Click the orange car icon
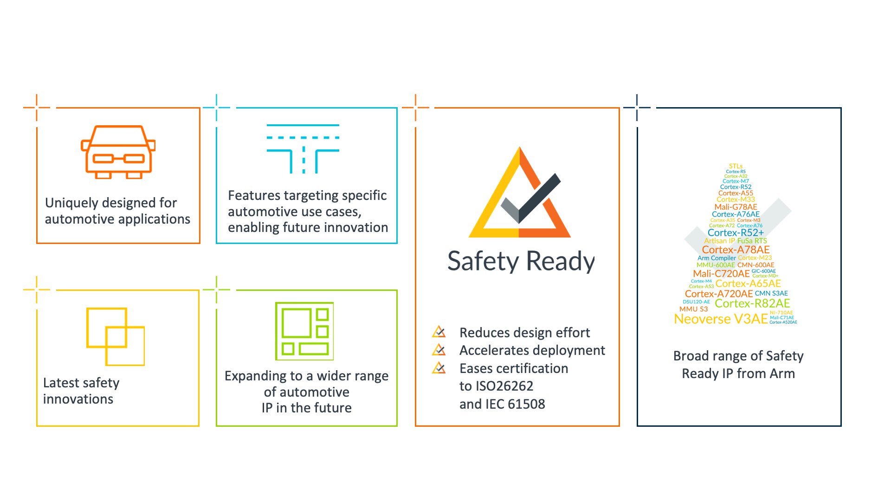click(118, 152)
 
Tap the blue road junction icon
click(303, 148)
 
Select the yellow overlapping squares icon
click(116, 336)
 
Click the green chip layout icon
click(304, 331)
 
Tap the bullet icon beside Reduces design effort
click(439, 332)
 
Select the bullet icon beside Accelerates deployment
click(439, 350)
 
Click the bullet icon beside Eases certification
click(439, 368)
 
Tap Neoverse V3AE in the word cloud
click(721, 319)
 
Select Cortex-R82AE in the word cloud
click(752, 303)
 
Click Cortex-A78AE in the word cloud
click(736, 250)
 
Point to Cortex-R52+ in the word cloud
click(736, 232)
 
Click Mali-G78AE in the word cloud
click(736, 207)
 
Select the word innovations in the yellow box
click(78, 399)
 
